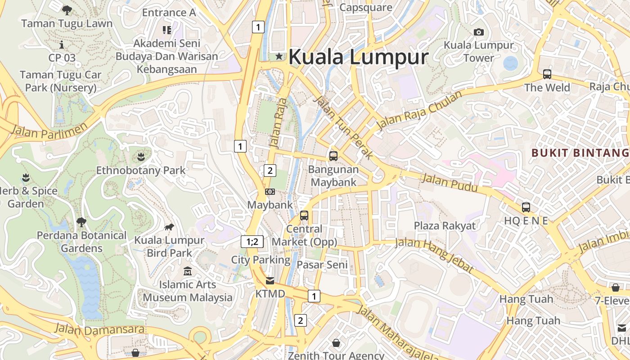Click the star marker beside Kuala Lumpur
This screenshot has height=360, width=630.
[279, 56]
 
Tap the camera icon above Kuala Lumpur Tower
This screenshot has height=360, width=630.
[479, 32]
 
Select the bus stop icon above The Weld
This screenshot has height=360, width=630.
[547, 74]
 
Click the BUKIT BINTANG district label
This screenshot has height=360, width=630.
[580, 153]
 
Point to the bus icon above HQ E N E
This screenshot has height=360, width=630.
[526, 207]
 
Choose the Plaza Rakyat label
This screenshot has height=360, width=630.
[445, 225]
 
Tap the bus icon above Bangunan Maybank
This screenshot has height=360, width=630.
[333, 156]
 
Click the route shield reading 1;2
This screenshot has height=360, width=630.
[252, 242]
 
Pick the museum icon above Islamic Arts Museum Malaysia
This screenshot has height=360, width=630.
[188, 271]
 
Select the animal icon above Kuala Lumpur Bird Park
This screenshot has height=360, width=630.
[169, 227]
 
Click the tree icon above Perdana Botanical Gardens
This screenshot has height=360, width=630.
[81, 222]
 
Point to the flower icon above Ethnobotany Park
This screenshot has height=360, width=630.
[141, 157]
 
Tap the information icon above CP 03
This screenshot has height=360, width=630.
[62, 45]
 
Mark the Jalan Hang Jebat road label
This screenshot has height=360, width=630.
[434, 255]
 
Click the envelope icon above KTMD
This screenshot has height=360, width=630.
[270, 281]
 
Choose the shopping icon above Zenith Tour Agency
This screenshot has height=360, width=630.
[336, 343]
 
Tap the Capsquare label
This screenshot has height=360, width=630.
[366, 7]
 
